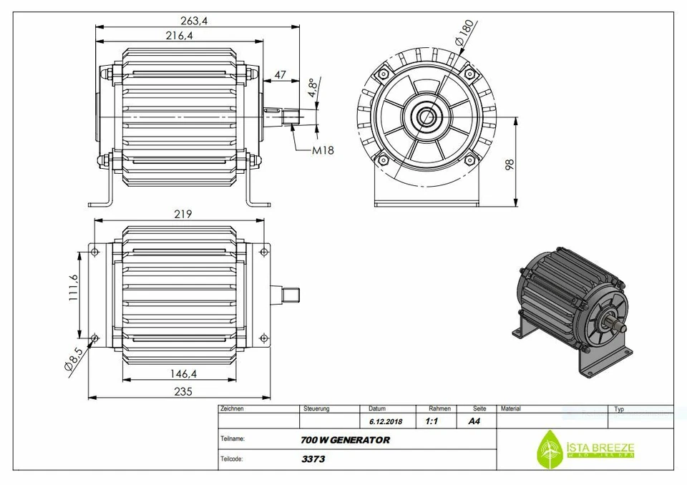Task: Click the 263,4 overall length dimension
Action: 194,21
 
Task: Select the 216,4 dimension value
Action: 180,36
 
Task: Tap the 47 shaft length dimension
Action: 281,74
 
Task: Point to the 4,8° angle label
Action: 312,87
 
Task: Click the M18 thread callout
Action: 323,150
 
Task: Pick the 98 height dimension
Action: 509,164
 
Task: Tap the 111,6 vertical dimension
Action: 73,288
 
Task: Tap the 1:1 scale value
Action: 432,421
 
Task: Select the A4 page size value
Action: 474,421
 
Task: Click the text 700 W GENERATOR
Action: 346,440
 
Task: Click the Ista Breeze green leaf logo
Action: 550,449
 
